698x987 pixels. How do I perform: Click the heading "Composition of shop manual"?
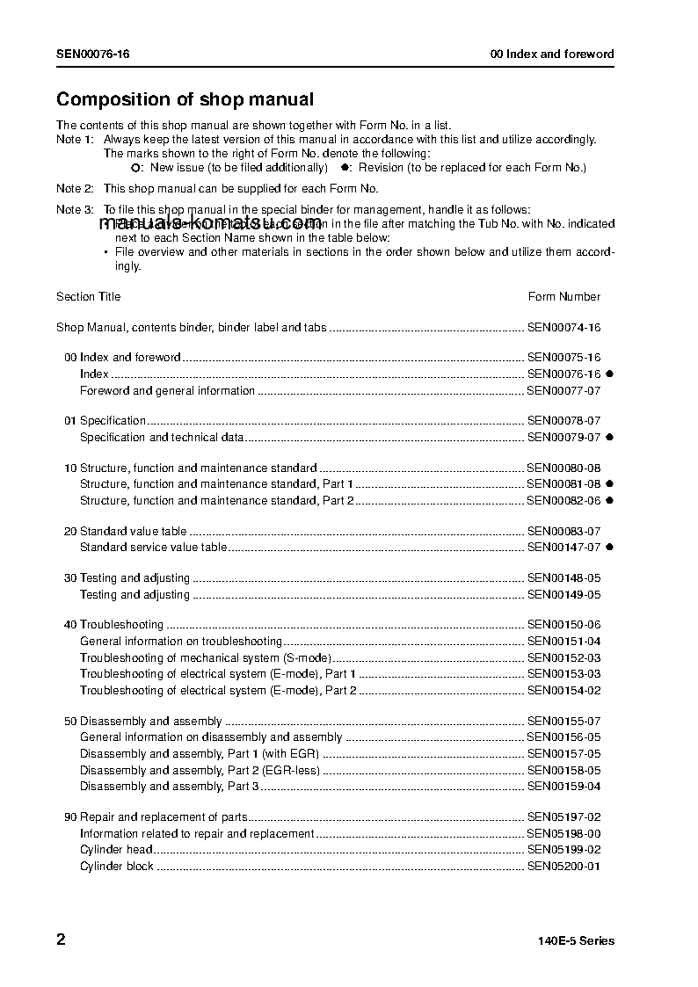(x=185, y=100)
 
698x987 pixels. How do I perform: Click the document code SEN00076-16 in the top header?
(x=93, y=54)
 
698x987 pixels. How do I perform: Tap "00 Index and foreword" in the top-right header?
(x=552, y=54)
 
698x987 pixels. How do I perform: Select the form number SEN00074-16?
(x=563, y=328)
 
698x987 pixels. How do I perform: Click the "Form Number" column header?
(x=564, y=297)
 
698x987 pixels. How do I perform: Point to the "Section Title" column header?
(x=89, y=297)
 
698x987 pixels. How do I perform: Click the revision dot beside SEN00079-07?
(x=609, y=437)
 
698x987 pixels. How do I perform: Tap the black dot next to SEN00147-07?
(x=609, y=547)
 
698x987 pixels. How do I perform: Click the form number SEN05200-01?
(x=563, y=867)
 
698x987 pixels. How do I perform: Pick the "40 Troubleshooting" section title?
(x=114, y=625)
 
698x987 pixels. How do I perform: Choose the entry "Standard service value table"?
(x=154, y=548)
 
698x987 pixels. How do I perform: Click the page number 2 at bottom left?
(x=61, y=940)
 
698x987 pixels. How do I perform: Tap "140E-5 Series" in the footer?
(x=577, y=941)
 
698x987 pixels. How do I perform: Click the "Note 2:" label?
(x=75, y=189)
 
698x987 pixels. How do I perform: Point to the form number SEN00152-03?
(x=563, y=658)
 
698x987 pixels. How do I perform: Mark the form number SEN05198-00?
(x=563, y=834)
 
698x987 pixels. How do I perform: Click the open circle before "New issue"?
(x=135, y=168)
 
